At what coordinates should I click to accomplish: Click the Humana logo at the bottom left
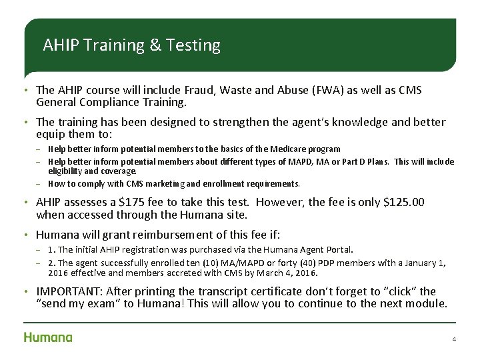pos(48,337)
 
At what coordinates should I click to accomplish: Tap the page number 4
pos(454,339)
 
